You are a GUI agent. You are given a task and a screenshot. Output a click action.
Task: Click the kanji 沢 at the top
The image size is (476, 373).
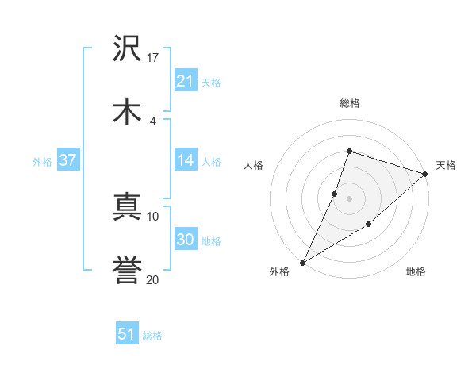[127, 50]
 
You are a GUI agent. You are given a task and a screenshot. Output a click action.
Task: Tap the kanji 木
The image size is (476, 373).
[127, 113]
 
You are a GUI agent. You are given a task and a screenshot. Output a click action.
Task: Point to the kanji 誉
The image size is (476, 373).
[127, 271]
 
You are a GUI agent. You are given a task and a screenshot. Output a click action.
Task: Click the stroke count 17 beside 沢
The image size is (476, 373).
[153, 57]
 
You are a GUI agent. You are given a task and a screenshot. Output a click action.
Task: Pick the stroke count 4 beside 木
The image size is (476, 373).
[152, 121]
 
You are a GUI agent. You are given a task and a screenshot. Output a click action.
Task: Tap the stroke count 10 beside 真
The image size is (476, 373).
[153, 216]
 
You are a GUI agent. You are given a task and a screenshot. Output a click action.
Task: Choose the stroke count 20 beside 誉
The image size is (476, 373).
[153, 279]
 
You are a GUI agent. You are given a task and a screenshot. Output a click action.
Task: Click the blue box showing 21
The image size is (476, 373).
[186, 81]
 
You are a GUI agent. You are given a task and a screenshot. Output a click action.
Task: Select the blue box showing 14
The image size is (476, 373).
[186, 160]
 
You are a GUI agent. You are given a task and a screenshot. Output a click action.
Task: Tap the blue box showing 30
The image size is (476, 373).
[186, 240]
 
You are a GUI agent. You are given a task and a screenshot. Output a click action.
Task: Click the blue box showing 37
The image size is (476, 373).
[67, 160]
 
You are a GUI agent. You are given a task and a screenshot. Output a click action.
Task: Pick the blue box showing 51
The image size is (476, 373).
[127, 334]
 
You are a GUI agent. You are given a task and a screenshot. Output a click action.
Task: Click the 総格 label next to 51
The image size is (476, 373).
[152, 336]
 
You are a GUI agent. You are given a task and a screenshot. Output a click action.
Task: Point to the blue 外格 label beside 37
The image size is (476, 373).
[42, 161]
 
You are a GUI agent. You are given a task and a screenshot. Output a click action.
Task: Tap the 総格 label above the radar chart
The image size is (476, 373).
[349, 103]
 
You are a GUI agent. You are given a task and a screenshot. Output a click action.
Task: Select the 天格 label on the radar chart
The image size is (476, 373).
[446, 165]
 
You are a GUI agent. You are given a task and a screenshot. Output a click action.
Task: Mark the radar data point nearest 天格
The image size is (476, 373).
[425, 173]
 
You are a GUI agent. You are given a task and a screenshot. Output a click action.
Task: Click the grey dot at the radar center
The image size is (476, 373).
[349, 198]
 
